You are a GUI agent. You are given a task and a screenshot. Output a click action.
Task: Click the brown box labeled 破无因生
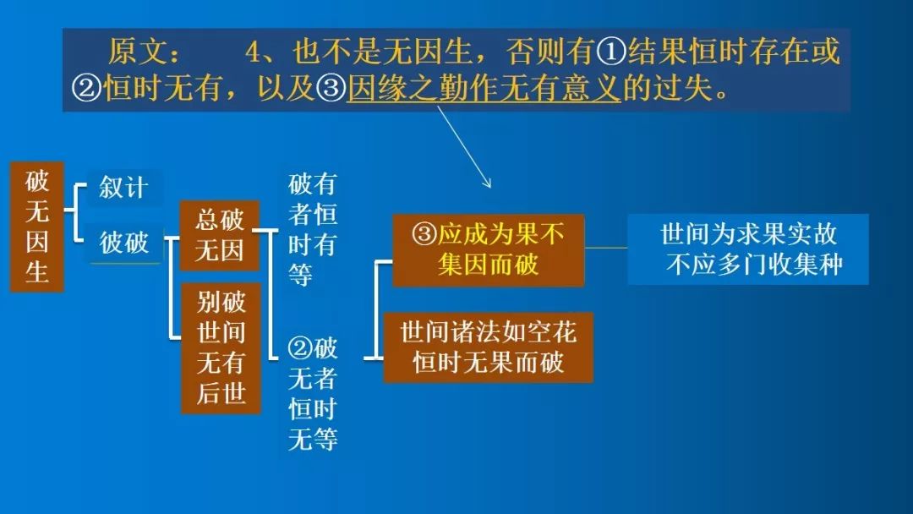pyautogui.click(x=36, y=226)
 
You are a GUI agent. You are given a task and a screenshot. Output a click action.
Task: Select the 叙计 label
pyautogui.click(x=123, y=188)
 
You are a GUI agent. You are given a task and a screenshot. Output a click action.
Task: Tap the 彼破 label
pyautogui.click(x=124, y=242)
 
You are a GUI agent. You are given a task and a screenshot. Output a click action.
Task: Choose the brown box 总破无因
pyautogui.click(x=219, y=235)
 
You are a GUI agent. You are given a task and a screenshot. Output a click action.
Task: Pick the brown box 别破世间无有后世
pyautogui.click(x=221, y=347)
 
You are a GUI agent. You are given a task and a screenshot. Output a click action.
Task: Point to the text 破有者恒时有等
pyautogui.click(x=313, y=229)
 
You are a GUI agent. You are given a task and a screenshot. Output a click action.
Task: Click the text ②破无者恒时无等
pyautogui.click(x=313, y=393)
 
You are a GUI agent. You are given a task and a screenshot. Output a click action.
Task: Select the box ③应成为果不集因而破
pyautogui.click(x=488, y=249)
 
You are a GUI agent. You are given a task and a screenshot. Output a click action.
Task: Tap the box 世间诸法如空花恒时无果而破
pyautogui.click(x=488, y=347)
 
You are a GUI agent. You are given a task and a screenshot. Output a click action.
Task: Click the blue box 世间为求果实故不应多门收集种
pyautogui.click(x=748, y=249)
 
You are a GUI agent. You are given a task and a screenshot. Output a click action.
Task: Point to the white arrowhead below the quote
pyautogui.click(x=487, y=183)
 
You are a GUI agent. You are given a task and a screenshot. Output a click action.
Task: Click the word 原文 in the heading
pyautogui.click(x=138, y=52)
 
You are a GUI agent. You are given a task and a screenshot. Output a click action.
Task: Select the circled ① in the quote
pyautogui.click(x=611, y=52)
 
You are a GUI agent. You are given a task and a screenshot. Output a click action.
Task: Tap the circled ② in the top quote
pyautogui.click(x=87, y=89)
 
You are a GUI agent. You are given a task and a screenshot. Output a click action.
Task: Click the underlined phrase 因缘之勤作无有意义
pyautogui.click(x=484, y=89)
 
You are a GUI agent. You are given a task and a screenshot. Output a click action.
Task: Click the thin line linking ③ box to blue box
pyautogui.click(x=605, y=248)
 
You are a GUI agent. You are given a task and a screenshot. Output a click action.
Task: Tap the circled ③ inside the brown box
pyautogui.click(x=424, y=234)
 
